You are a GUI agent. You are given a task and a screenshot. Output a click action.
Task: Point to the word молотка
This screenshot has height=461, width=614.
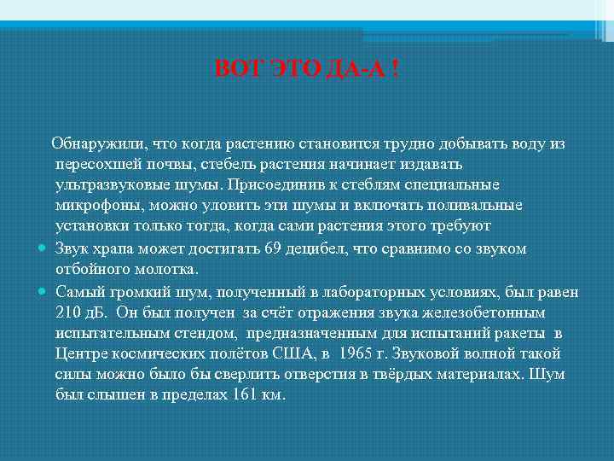166,269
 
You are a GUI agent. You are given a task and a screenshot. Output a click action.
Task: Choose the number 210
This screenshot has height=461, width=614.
69,311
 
